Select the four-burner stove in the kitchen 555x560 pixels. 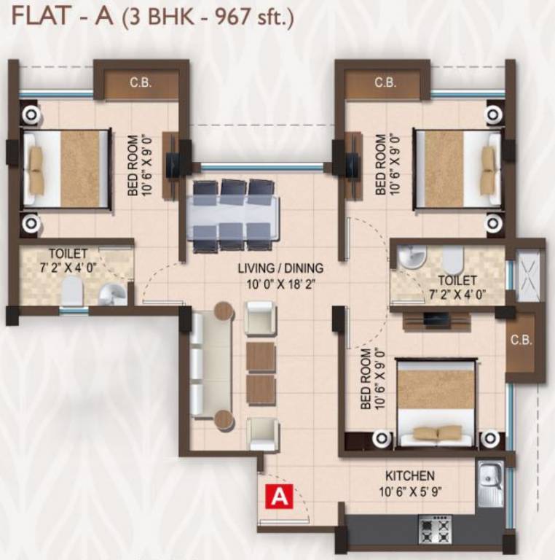435,529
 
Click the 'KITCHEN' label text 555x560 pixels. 410,475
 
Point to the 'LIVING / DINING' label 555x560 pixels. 280,268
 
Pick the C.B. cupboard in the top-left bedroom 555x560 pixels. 140,84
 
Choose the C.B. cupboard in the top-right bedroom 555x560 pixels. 385,84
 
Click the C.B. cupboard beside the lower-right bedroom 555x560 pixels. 521,341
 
